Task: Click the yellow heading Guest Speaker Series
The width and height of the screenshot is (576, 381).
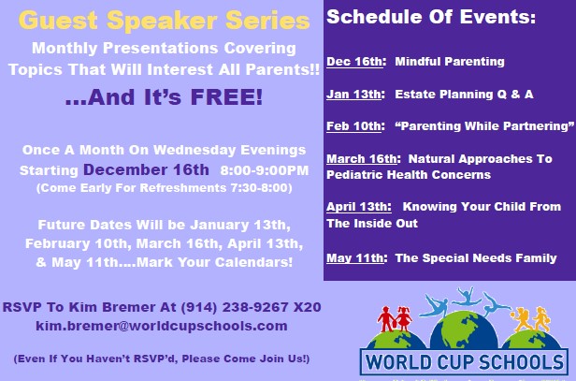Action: (x=165, y=21)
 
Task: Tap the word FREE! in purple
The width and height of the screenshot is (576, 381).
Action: (x=226, y=97)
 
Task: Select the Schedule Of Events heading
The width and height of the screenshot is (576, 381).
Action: (x=431, y=17)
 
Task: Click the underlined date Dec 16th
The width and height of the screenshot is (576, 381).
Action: (x=354, y=62)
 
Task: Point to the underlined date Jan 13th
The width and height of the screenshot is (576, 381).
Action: (x=353, y=95)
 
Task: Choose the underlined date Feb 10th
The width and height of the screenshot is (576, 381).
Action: (x=354, y=126)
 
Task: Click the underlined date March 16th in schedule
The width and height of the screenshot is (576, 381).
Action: (x=362, y=159)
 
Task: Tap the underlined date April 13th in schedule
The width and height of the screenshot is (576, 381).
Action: (x=358, y=207)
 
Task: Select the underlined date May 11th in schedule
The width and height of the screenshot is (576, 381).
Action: (x=355, y=258)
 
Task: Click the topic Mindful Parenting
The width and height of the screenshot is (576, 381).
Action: (x=450, y=62)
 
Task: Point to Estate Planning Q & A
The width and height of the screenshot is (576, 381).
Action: (x=464, y=95)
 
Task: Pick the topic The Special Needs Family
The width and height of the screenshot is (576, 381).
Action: (x=476, y=258)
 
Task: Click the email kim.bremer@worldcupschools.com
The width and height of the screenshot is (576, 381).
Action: (x=162, y=326)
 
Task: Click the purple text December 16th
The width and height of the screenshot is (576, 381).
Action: (x=146, y=170)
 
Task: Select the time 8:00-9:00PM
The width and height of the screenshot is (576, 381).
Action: (x=265, y=170)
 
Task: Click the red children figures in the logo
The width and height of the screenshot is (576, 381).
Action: (x=395, y=319)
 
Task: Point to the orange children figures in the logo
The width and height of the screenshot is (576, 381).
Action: (x=530, y=319)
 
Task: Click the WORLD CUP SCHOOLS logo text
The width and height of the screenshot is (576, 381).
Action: (x=465, y=362)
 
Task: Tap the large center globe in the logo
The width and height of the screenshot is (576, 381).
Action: (x=464, y=331)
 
